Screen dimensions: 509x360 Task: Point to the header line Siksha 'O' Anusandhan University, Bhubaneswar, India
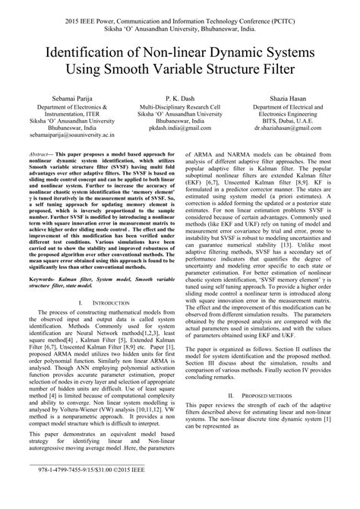click(179, 23)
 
